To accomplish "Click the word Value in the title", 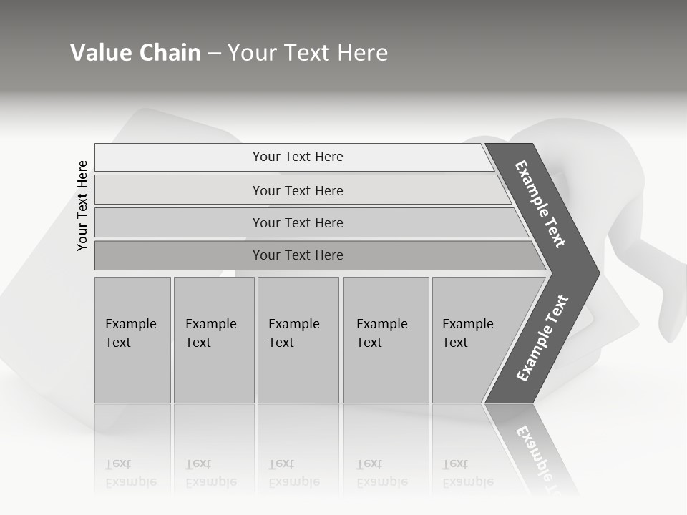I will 99,53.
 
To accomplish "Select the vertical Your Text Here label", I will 82,205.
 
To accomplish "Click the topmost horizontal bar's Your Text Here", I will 298,157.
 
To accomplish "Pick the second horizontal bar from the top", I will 298,190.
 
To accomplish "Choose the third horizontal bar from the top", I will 298,222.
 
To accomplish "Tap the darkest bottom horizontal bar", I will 298,255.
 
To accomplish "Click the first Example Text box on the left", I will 132,340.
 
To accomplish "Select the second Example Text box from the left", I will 213,340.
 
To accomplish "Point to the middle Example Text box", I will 297,340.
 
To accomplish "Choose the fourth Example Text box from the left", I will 385,340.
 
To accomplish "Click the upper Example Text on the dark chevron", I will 540,204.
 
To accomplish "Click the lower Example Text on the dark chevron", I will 542,338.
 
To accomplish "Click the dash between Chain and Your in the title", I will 214,54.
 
